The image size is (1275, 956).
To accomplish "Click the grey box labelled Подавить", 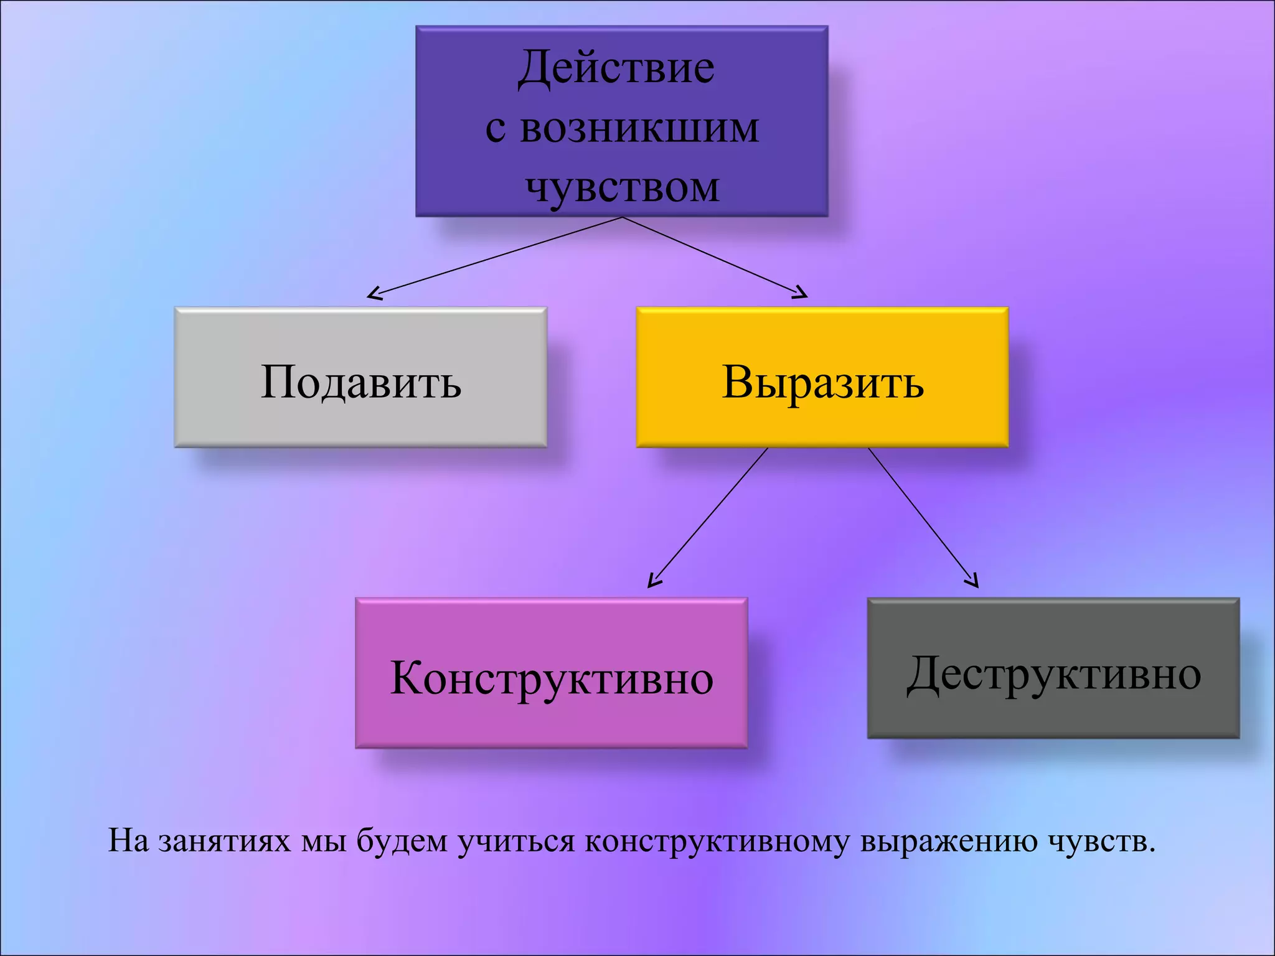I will coord(360,377).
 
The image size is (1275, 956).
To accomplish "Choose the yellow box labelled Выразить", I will coord(822,377).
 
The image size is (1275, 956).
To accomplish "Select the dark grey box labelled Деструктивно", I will coord(1053,668).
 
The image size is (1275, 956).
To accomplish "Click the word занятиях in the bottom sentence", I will coord(224,841).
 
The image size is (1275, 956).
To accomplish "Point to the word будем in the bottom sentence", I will coord(402,841).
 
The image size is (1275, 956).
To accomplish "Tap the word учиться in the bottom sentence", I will coord(516,841).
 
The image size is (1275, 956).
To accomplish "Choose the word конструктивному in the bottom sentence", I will coord(717,841).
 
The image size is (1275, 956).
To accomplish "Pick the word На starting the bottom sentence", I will coord(128,841).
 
